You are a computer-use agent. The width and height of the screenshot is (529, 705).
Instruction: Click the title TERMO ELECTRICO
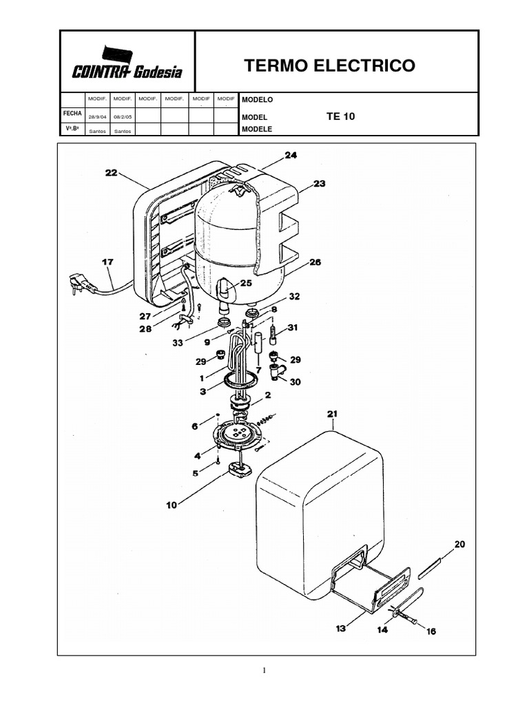pyautogui.click(x=330, y=65)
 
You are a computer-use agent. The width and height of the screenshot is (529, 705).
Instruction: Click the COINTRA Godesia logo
pyautogui.click(x=127, y=63)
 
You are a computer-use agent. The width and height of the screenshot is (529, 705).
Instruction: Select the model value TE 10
pyautogui.click(x=340, y=116)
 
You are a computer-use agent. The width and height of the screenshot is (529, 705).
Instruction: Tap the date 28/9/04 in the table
pyautogui.click(x=97, y=116)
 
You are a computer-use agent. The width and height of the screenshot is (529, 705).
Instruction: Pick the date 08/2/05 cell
pyautogui.click(x=123, y=116)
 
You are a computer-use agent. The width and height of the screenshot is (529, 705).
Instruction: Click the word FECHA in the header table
pyautogui.click(x=72, y=112)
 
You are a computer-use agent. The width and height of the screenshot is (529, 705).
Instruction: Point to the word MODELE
pyautogui.click(x=257, y=129)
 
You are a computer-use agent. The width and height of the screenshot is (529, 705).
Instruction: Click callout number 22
pyautogui.click(x=111, y=173)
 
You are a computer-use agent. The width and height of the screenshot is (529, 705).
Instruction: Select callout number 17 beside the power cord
pyautogui.click(x=107, y=262)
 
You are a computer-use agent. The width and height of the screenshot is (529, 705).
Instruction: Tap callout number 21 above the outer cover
pyautogui.click(x=333, y=414)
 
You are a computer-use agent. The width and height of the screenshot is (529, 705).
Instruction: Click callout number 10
pyautogui.click(x=171, y=505)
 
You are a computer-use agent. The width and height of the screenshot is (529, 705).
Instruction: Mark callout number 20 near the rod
pyautogui.click(x=459, y=544)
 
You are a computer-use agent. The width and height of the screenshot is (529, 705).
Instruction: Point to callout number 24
pyautogui.click(x=291, y=156)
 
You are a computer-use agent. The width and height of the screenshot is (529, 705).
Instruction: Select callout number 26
pyautogui.click(x=315, y=262)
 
